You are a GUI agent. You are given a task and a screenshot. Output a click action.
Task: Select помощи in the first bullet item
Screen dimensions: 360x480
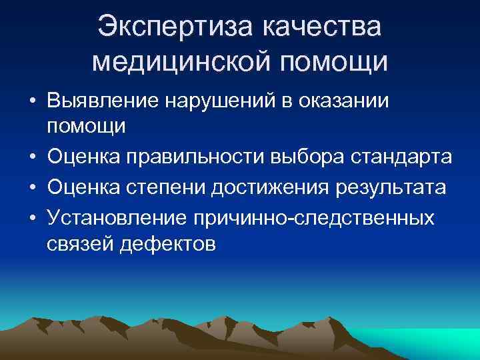point(86,125)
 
